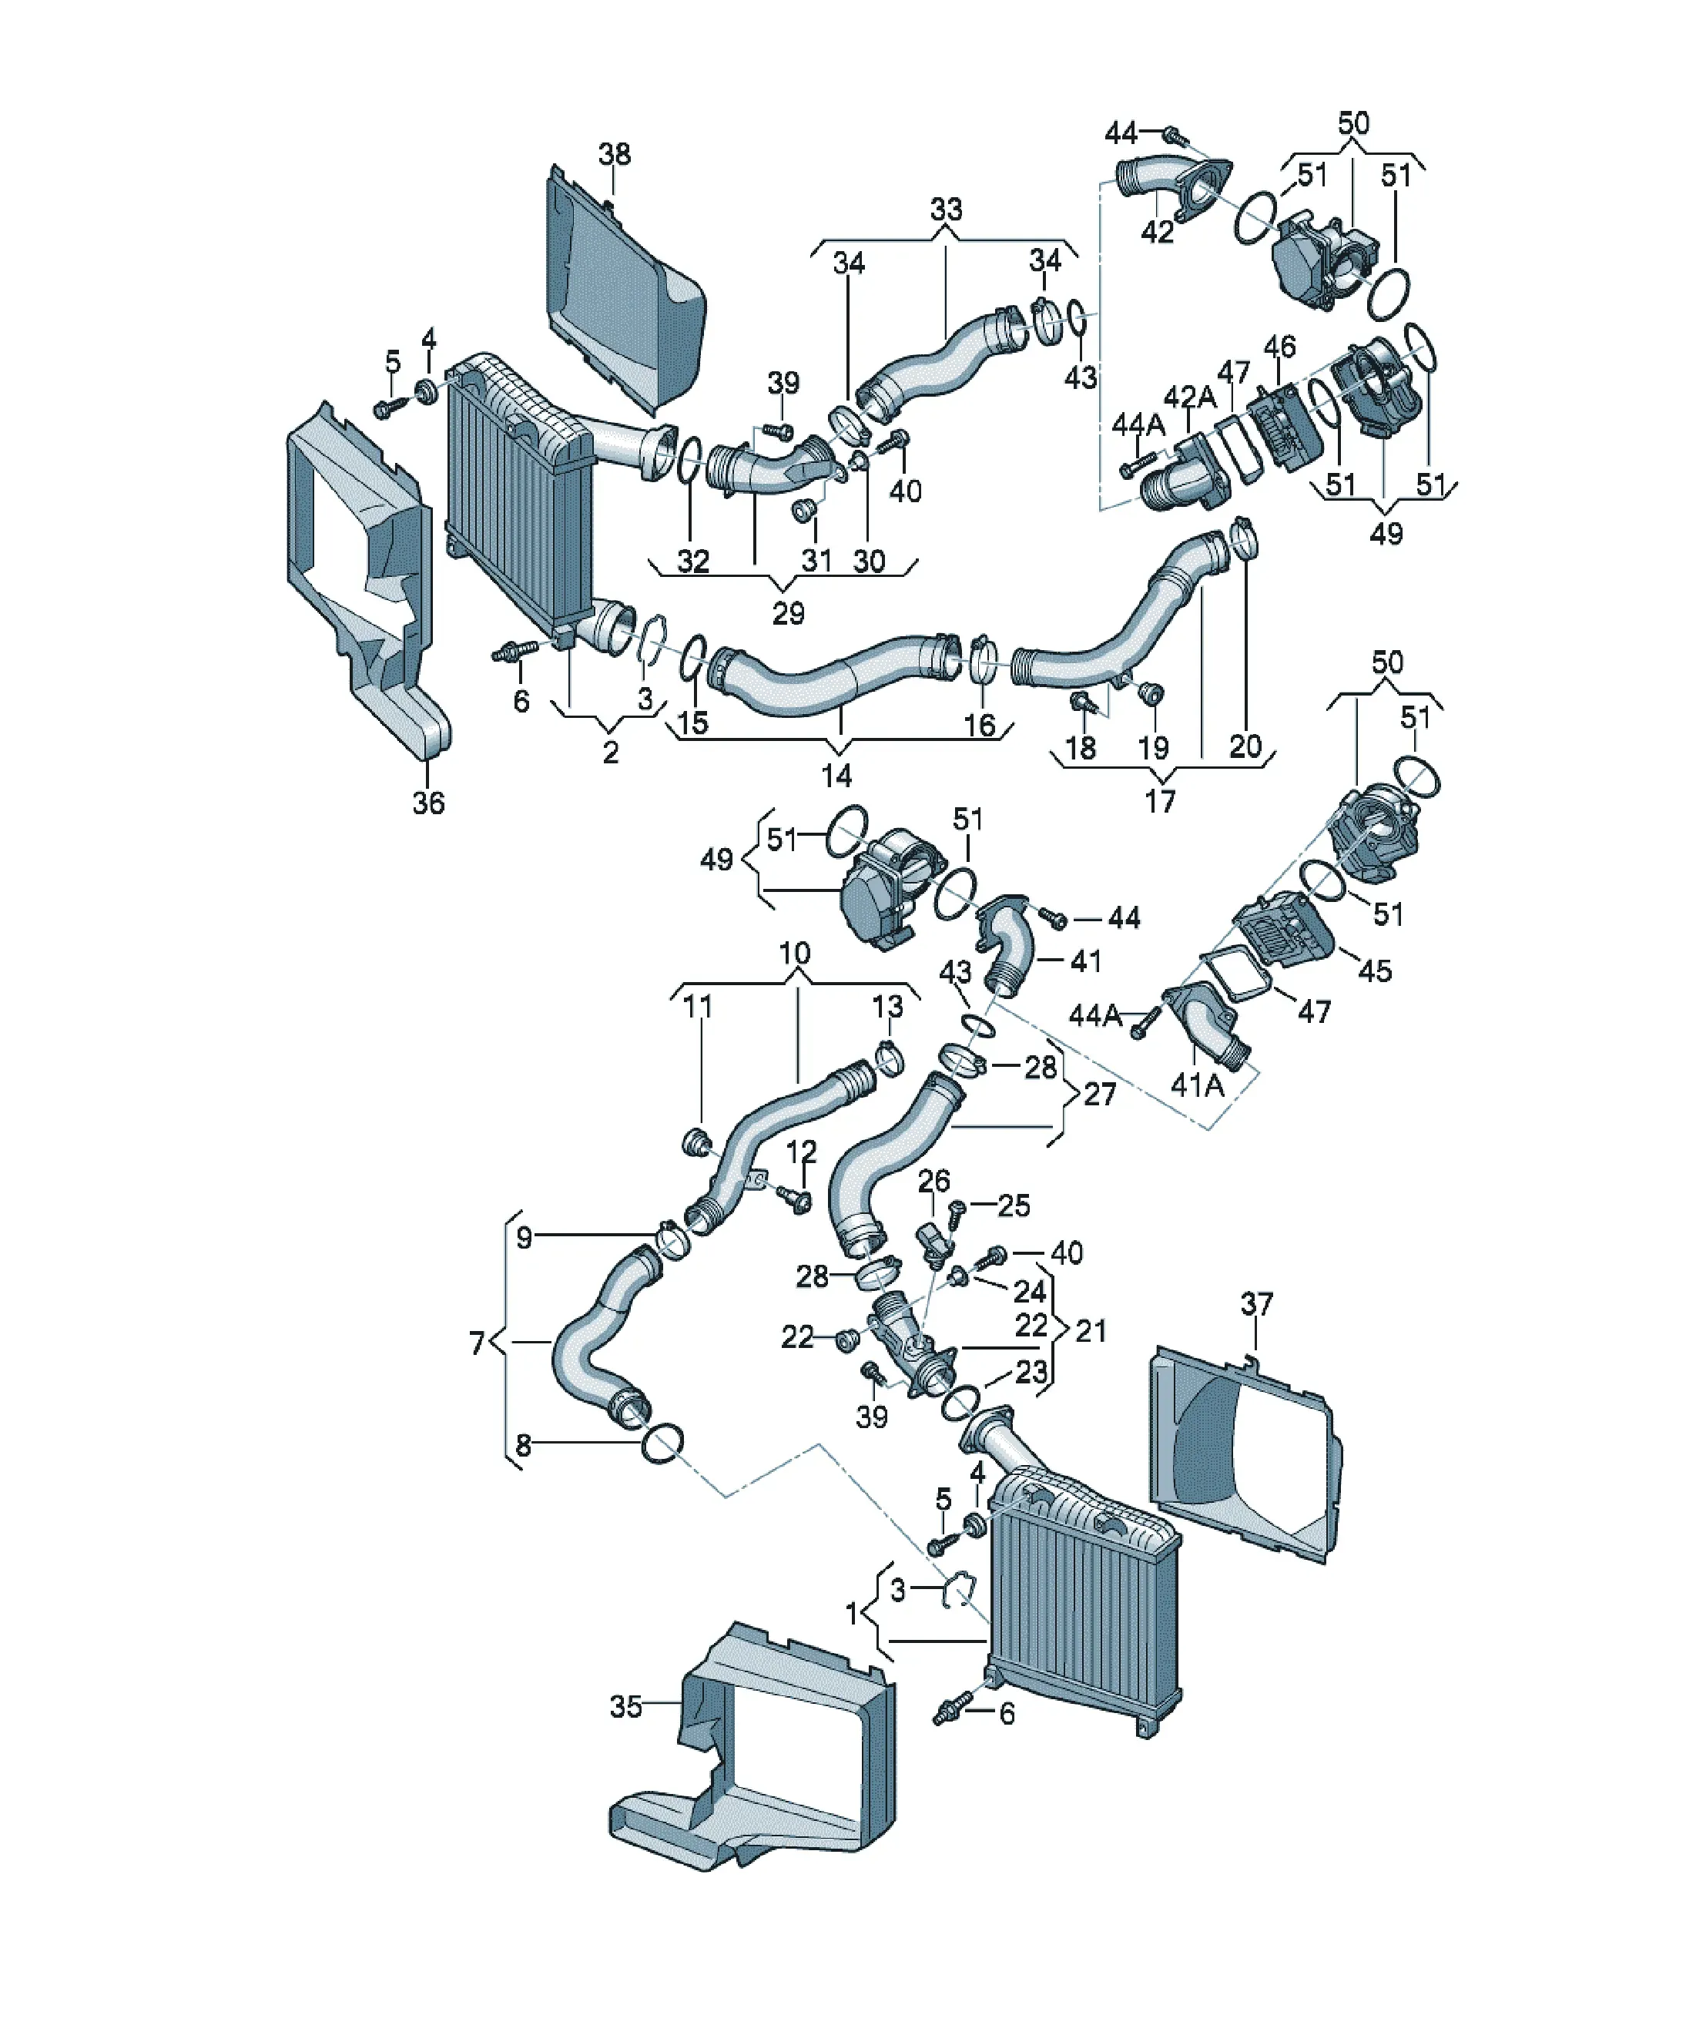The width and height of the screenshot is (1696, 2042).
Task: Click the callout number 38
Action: click(x=615, y=153)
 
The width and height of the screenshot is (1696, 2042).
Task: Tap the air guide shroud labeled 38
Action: click(x=622, y=292)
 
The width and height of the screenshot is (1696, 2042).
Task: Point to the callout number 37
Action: click(x=1256, y=1303)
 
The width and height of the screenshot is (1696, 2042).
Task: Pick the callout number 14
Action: click(x=836, y=775)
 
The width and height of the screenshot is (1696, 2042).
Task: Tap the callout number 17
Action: click(x=1160, y=800)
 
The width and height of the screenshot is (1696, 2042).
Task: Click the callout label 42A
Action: click(x=1190, y=397)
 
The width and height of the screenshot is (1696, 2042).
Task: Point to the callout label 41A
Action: click(x=1196, y=1085)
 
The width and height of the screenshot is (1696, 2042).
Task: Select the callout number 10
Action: click(x=795, y=953)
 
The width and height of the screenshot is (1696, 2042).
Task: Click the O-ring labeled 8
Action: click(x=662, y=1445)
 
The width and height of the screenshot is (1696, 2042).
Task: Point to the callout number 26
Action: click(x=933, y=1181)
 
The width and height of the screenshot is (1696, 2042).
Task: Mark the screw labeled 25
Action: click(x=955, y=1212)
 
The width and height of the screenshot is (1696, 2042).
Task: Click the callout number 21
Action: click(x=1091, y=1330)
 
